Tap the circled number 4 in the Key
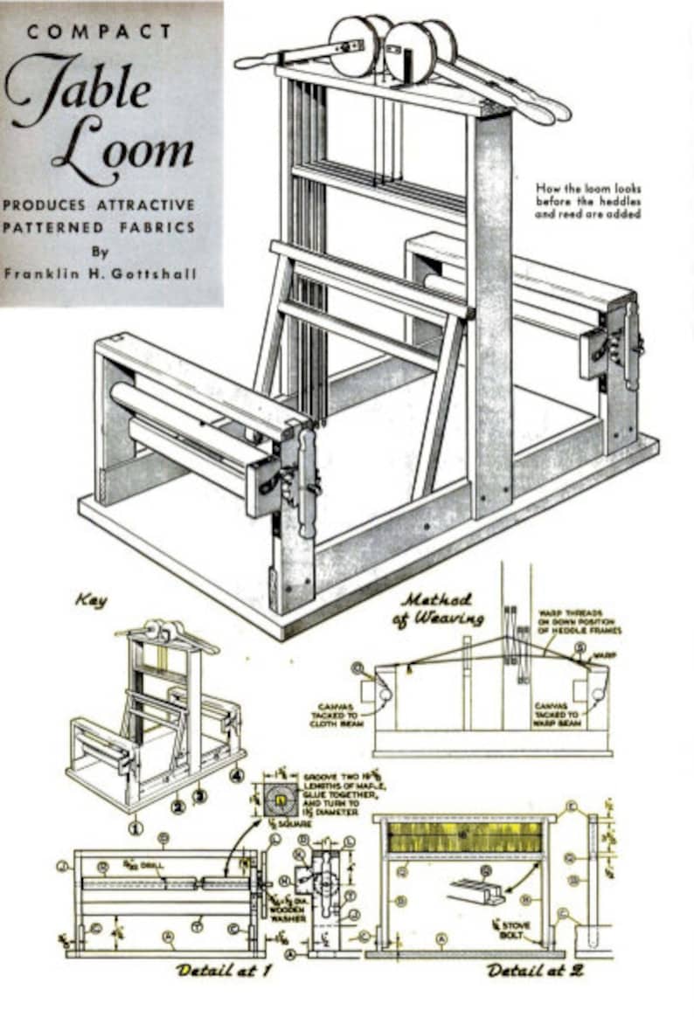pyautogui.click(x=235, y=773)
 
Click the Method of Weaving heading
pyautogui.click(x=442, y=609)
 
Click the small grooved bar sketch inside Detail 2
pyautogui.click(x=477, y=891)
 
